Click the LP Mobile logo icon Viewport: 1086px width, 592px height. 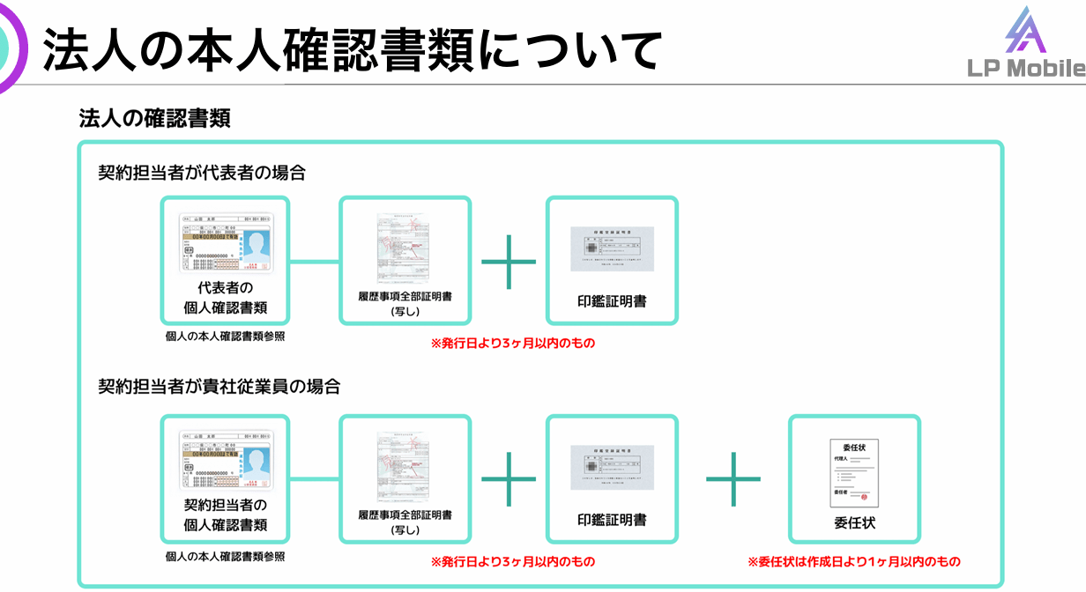(1026, 32)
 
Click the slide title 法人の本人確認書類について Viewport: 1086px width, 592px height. (352, 49)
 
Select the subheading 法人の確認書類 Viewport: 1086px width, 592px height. (155, 118)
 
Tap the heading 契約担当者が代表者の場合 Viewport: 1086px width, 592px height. (202, 173)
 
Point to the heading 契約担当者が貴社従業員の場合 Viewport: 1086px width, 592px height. (219, 386)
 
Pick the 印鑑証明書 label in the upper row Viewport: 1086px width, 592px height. (612, 301)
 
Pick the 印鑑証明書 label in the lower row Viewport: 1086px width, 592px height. (612, 520)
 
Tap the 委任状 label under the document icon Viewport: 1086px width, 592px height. (854, 522)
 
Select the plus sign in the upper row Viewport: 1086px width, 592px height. (509, 262)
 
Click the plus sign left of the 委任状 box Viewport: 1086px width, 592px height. (733, 478)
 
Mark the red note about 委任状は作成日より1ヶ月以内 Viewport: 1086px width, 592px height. (853, 561)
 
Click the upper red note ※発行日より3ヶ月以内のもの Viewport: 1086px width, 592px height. (512, 343)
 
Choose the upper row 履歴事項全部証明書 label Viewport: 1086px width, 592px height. (405, 297)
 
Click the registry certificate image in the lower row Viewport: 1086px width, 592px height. (405, 465)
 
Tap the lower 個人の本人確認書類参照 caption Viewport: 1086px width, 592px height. (226, 557)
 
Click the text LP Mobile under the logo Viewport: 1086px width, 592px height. (1026, 69)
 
